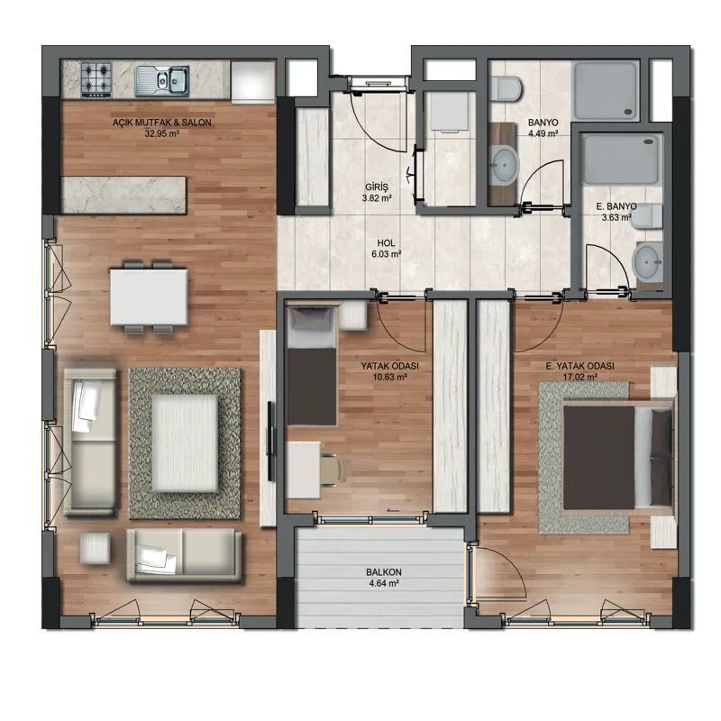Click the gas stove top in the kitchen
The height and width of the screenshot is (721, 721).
pyautogui.click(x=96, y=80)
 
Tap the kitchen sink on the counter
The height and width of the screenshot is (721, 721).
pyautogui.click(x=162, y=81)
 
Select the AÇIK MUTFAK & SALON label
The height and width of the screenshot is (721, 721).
pyautogui.click(x=162, y=123)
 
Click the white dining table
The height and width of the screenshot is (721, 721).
pyautogui.click(x=149, y=297)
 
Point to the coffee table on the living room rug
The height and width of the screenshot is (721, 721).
pyautogui.click(x=185, y=443)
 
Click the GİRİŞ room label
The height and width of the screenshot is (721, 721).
pyautogui.click(x=377, y=187)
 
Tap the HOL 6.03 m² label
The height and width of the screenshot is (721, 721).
pyautogui.click(x=387, y=249)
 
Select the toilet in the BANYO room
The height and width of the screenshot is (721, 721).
pyautogui.click(x=506, y=88)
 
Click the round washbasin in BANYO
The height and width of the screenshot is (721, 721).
pyautogui.click(x=504, y=165)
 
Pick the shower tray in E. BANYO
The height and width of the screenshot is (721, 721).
pyautogui.click(x=621, y=159)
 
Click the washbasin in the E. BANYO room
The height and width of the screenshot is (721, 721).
pyautogui.click(x=647, y=261)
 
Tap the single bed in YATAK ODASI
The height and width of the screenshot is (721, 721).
pyautogui.click(x=311, y=366)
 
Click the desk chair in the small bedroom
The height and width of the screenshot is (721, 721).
pyautogui.click(x=333, y=469)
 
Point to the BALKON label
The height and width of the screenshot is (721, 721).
pyautogui.click(x=384, y=572)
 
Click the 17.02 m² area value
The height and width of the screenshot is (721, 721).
pyautogui.click(x=579, y=377)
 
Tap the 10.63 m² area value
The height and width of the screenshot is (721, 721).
pyautogui.click(x=390, y=377)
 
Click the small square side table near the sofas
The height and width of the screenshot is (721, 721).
pyautogui.click(x=95, y=548)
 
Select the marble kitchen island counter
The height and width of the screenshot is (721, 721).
pyautogui.click(x=123, y=195)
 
